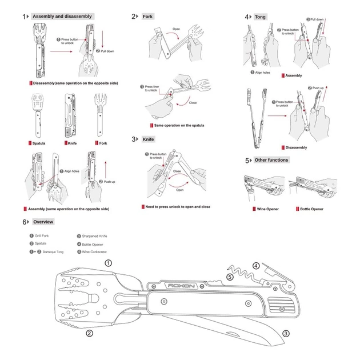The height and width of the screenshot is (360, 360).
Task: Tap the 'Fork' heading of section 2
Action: (147, 17)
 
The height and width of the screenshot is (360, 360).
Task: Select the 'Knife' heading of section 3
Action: (148, 139)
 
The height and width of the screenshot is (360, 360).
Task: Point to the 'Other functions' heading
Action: (271, 161)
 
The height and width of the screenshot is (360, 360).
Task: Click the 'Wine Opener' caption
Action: (267, 209)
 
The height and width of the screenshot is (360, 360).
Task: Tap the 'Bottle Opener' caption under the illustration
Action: (312, 209)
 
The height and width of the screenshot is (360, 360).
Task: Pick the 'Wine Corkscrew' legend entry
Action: (95, 251)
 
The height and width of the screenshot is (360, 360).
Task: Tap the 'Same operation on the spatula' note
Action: (178, 125)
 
